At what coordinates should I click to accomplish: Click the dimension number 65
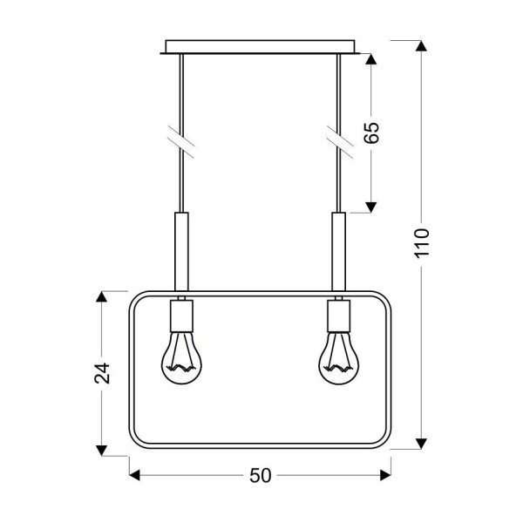click(372, 132)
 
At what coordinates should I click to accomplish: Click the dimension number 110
click(422, 243)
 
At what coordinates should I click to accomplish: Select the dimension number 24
click(102, 373)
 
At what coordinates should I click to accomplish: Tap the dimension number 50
click(261, 475)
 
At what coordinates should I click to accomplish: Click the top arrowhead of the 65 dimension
click(371, 60)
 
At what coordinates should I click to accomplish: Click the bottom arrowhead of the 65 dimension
click(371, 206)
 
